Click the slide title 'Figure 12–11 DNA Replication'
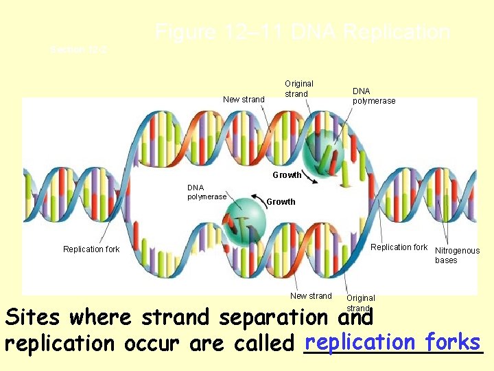pos(302,32)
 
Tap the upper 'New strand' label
pos(244,100)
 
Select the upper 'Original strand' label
pos(298,89)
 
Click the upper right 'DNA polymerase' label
pos(374,96)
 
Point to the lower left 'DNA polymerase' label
pos(207,192)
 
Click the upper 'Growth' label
pos(287,175)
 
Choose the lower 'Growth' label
pos(281,202)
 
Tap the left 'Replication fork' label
pos(91,249)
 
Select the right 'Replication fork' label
pos(399,247)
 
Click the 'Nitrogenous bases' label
pos(457,256)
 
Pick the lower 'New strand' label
pos(311,296)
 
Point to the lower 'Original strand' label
pos(360,302)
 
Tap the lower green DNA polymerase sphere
pos(242,223)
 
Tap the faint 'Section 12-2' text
pos(78,49)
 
